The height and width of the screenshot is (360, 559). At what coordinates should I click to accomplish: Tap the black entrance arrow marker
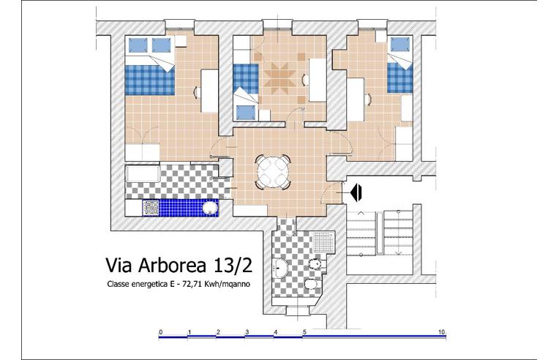pyautogui.click(x=357, y=192)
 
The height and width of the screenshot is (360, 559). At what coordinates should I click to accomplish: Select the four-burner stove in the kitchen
pyautogui.click(x=151, y=208)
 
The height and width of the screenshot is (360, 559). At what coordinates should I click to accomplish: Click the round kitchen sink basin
pyautogui.click(x=210, y=209)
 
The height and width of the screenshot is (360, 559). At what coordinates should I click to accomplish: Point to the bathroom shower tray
pyautogui.click(x=321, y=242)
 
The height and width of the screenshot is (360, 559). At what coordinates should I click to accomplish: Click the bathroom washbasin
pyautogui.click(x=282, y=269)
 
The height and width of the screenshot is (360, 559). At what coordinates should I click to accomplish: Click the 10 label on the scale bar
pyautogui.click(x=442, y=332)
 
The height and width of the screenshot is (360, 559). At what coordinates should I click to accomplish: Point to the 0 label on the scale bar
pyautogui.click(x=160, y=332)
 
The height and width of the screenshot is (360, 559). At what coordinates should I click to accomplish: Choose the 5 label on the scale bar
pyautogui.click(x=304, y=332)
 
